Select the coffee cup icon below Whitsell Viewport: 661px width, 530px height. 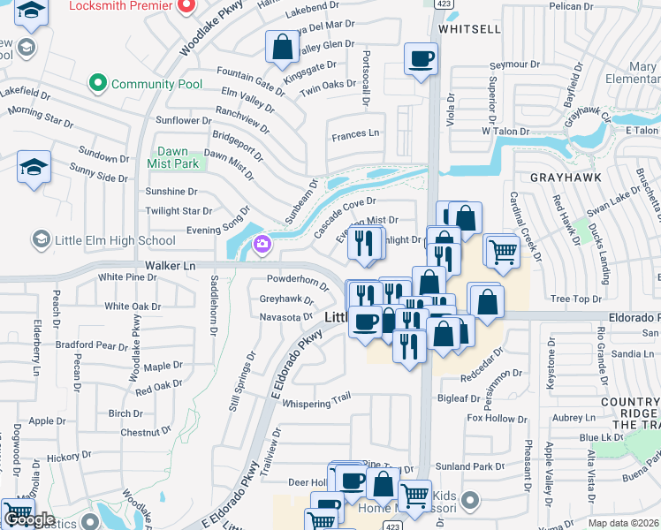pyautogui.click(x=421, y=58)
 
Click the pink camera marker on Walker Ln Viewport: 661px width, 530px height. pyautogui.click(x=261, y=245)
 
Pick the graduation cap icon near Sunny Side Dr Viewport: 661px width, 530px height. pyautogui.click(x=34, y=166)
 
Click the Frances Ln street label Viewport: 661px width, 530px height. pyautogui.click(x=355, y=134)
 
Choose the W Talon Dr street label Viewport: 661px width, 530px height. pyautogui.click(x=505, y=131)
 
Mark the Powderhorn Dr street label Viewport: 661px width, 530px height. pyautogui.click(x=298, y=280)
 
